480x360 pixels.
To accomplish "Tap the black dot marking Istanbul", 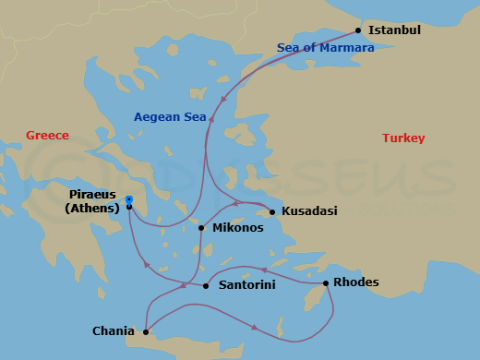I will point(359,30).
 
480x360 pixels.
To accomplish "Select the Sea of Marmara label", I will point(326,48).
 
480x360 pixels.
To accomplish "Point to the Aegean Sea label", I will point(170,117).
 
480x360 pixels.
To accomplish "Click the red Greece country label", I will point(47,136).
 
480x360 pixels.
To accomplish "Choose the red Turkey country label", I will point(403,138).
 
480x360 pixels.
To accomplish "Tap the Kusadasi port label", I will point(309,211).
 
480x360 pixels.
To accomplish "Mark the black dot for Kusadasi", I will point(272,212).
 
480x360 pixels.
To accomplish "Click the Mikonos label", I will point(238,227).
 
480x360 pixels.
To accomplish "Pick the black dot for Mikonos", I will point(201,228).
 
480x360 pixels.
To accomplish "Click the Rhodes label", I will point(355,282).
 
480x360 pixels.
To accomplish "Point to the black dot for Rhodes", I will point(325,283).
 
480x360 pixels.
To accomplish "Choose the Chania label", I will point(114,330).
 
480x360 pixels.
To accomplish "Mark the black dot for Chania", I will point(145,330).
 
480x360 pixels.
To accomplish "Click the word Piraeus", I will point(93,195).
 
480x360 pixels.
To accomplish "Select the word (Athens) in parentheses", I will point(92,209).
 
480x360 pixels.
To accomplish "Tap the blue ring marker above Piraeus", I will point(129,198).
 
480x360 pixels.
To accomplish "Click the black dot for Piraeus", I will point(129,207).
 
